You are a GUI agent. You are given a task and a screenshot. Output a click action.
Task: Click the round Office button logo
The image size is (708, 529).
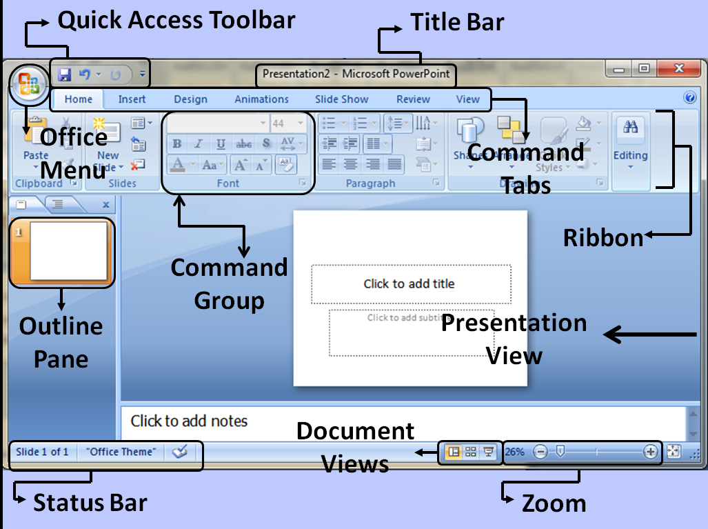click(x=28, y=85)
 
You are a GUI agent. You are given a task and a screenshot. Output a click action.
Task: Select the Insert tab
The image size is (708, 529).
click(x=132, y=99)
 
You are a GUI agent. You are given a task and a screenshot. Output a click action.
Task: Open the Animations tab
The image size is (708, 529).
click(x=261, y=99)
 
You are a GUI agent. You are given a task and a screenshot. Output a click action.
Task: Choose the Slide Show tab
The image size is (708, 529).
click(x=341, y=99)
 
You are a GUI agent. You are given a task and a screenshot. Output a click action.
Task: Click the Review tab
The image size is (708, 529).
click(x=413, y=99)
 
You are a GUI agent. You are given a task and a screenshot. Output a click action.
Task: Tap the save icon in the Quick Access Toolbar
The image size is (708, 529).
click(x=65, y=73)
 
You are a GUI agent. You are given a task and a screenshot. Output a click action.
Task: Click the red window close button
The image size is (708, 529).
click(x=678, y=68)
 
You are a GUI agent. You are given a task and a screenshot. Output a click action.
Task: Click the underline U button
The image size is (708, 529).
click(x=221, y=144)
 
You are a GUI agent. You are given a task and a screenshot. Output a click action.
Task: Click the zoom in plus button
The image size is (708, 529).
click(x=650, y=452)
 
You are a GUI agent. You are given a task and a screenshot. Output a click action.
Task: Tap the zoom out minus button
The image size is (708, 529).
click(x=541, y=452)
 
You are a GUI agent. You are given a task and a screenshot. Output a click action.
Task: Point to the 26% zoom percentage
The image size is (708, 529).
click(x=514, y=452)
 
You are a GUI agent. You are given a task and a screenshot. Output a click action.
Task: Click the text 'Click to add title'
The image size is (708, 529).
click(x=409, y=283)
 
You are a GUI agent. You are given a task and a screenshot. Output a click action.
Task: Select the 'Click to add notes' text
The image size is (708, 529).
click(x=189, y=421)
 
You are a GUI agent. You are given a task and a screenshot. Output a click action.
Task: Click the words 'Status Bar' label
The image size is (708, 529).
click(x=90, y=502)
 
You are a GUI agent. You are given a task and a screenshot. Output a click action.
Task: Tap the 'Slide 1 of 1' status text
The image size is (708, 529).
click(x=42, y=452)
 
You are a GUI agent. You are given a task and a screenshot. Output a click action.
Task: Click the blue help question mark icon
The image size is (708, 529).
click(x=690, y=98)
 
